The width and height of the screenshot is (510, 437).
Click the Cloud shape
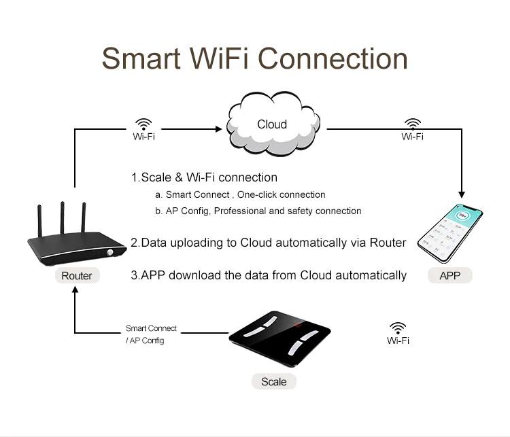pyautogui.click(x=272, y=124)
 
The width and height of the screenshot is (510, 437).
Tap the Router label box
pyautogui.click(x=76, y=275)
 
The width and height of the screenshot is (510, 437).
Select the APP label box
pyautogui.click(x=449, y=275)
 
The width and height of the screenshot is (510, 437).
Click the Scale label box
pyautogui.click(x=274, y=381)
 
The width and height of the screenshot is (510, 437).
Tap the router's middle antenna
pyautogui.click(x=63, y=217)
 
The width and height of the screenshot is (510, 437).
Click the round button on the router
pyautogui.click(x=110, y=254)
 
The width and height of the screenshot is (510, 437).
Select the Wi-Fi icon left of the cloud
pyautogui.click(x=143, y=124)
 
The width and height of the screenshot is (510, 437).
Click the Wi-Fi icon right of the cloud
pyautogui.click(x=412, y=124)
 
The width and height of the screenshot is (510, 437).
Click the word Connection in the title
pyautogui.click(x=334, y=58)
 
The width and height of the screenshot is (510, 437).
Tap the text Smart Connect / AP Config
pyautogui.click(x=150, y=334)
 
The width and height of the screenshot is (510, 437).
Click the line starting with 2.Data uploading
pyautogui.click(x=268, y=243)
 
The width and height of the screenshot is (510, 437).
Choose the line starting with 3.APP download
pyautogui.click(x=268, y=275)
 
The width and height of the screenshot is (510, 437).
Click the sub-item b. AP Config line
pyautogui.click(x=258, y=211)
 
